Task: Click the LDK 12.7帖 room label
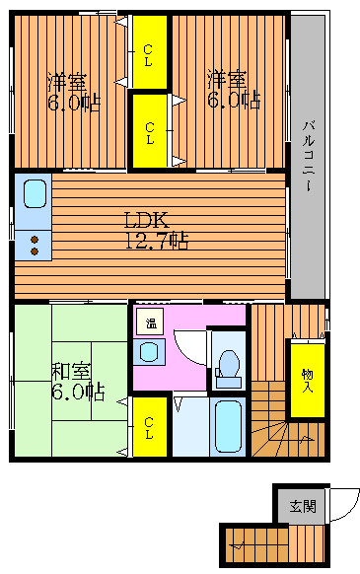(x=157, y=231)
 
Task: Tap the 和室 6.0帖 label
(x=78, y=382)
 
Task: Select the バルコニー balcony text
(x=309, y=156)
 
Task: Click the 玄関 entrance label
(x=303, y=507)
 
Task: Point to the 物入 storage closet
(x=308, y=380)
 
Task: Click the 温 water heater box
(x=150, y=322)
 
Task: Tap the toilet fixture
(x=229, y=369)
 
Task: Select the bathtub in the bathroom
(x=228, y=427)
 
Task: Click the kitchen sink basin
(x=36, y=194)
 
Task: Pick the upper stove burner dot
(x=35, y=240)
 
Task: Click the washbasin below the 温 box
(x=149, y=352)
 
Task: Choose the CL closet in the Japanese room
(x=149, y=427)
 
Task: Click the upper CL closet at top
(x=149, y=51)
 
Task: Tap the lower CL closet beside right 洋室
(x=149, y=131)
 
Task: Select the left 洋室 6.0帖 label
(x=73, y=92)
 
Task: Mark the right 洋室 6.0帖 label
(x=234, y=90)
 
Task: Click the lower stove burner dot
(x=35, y=251)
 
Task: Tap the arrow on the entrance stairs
(x=238, y=546)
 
